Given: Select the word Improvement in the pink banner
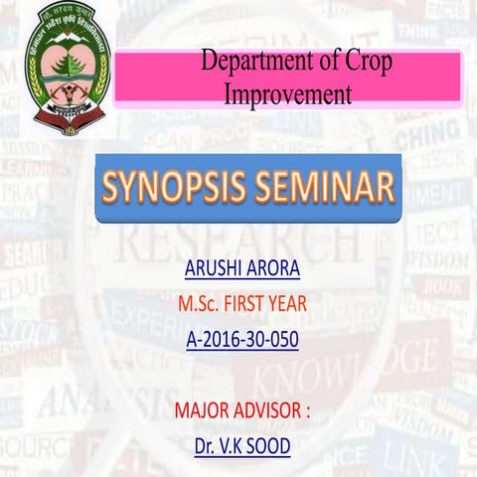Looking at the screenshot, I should click(288, 94).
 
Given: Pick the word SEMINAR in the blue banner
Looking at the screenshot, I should click(324, 188).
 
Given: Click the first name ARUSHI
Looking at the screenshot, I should click(212, 269).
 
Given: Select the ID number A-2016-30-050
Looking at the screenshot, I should click(241, 340).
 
